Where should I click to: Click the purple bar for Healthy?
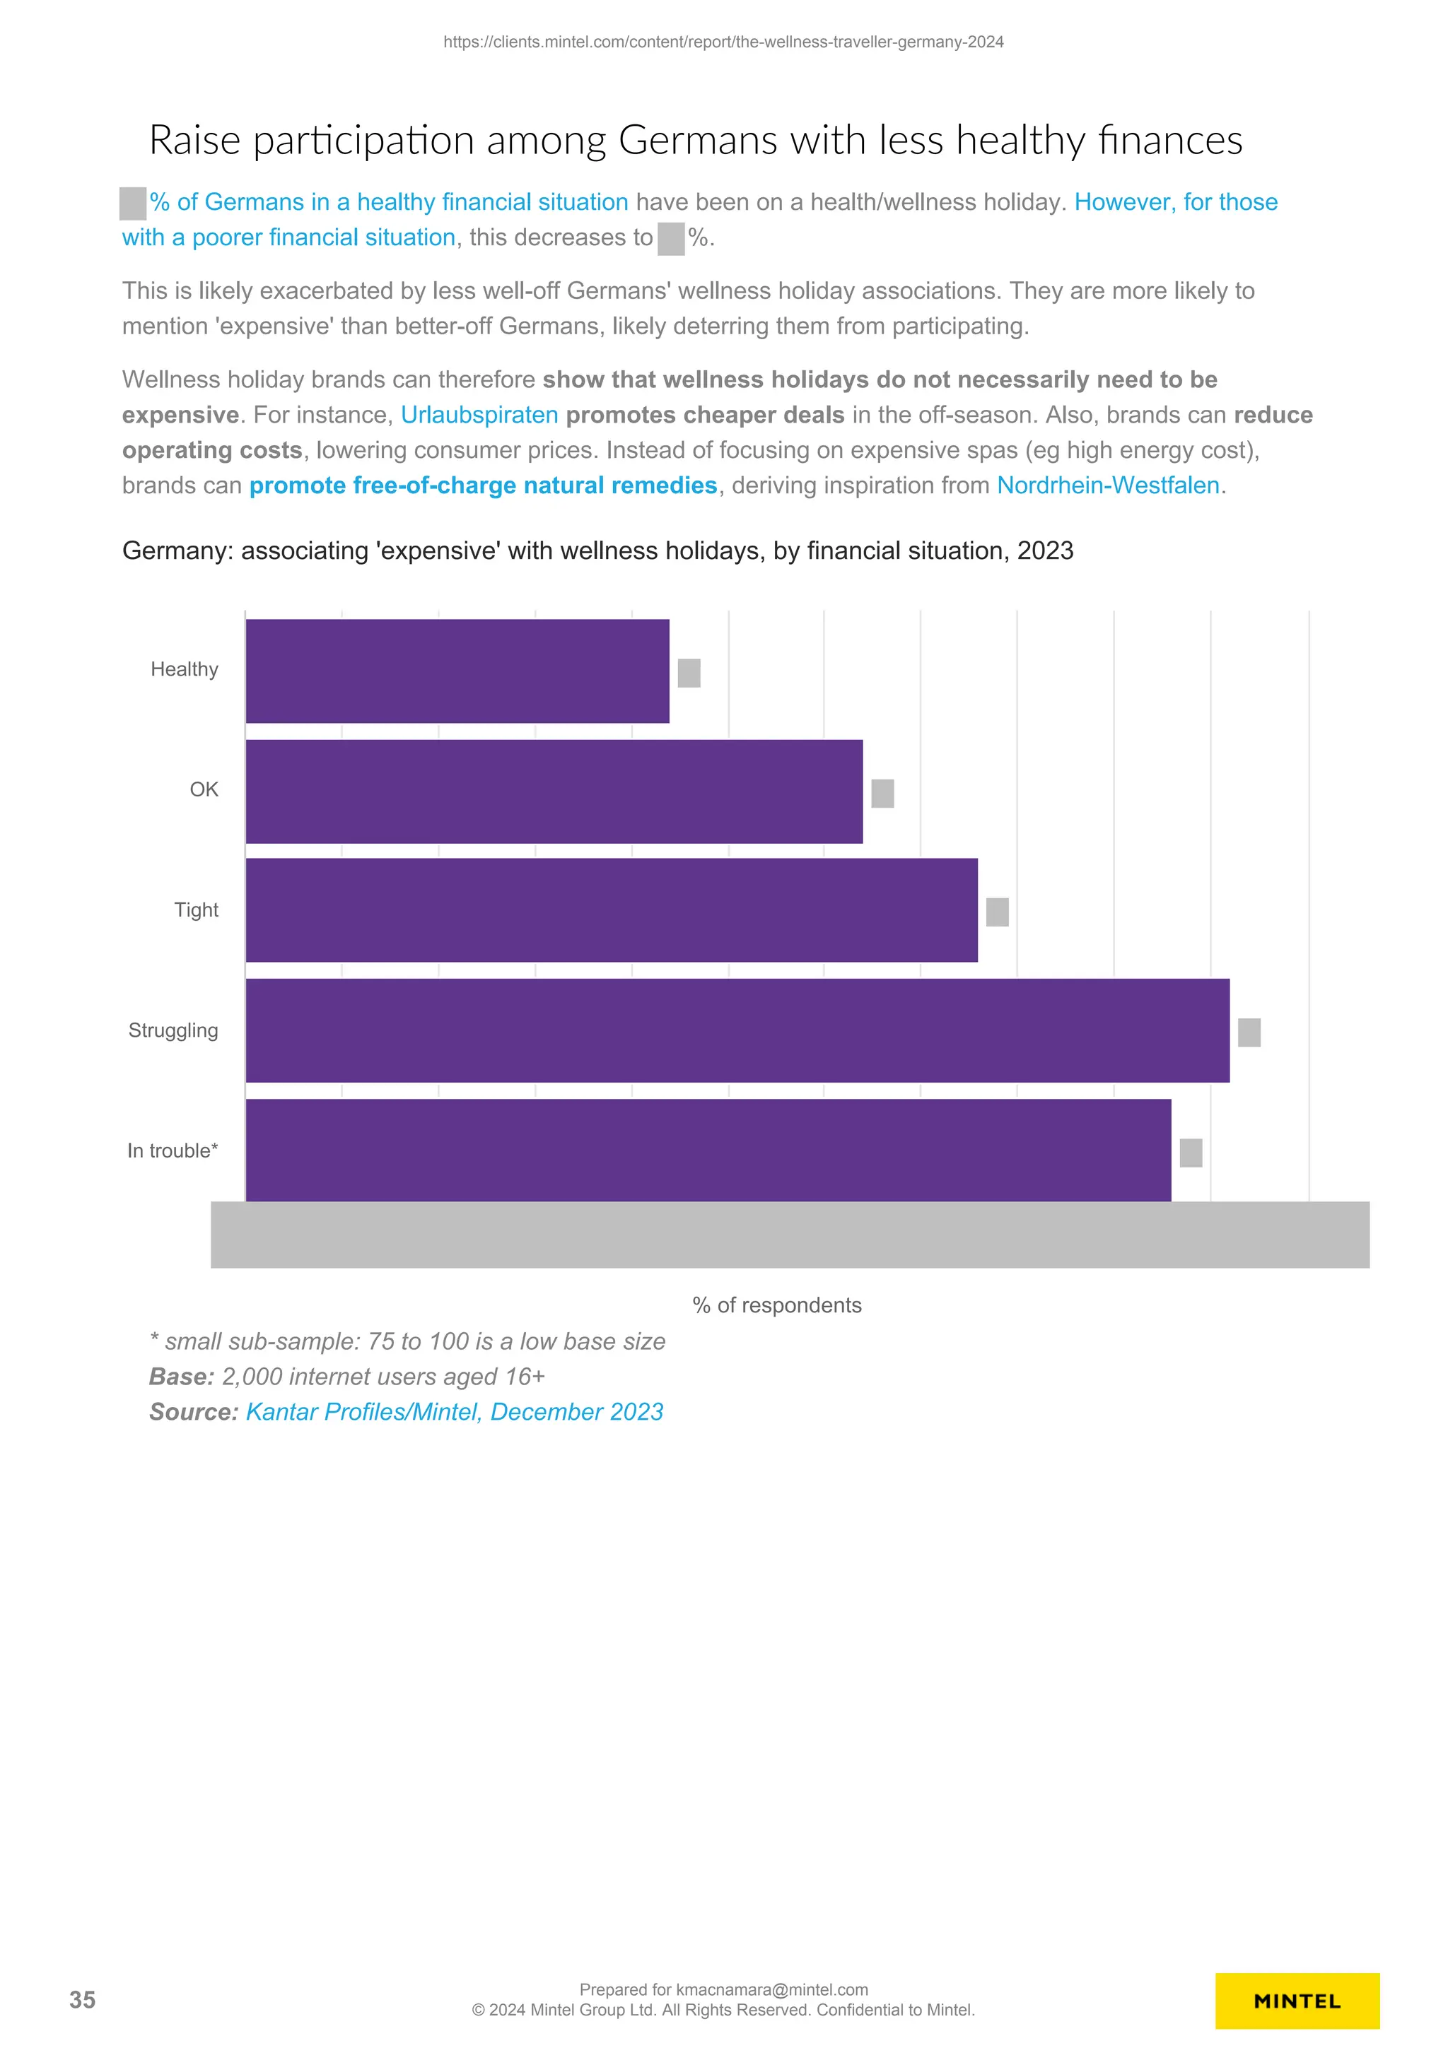tap(457, 671)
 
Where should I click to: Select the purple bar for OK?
tap(554, 791)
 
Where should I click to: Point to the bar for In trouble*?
tap(708, 1150)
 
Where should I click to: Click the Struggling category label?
tap(173, 1030)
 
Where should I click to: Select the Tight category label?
tap(197, 910)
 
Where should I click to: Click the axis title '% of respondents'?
tap(776, 1305)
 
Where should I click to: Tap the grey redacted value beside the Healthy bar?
tap(689, 673)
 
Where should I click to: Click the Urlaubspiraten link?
tap(479, 415)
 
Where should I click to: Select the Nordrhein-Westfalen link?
tap(1108, 485)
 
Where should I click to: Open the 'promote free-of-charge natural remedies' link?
tap(483, 485)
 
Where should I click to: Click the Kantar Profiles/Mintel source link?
tap(454, 1412)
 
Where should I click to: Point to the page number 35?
tap(82, 2000)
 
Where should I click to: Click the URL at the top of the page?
tap(723, 42)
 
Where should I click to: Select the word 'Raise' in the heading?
tap(194, 141)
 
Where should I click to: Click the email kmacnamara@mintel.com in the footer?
tap(772, 1990)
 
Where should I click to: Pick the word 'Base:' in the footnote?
tap(181, 1377)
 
